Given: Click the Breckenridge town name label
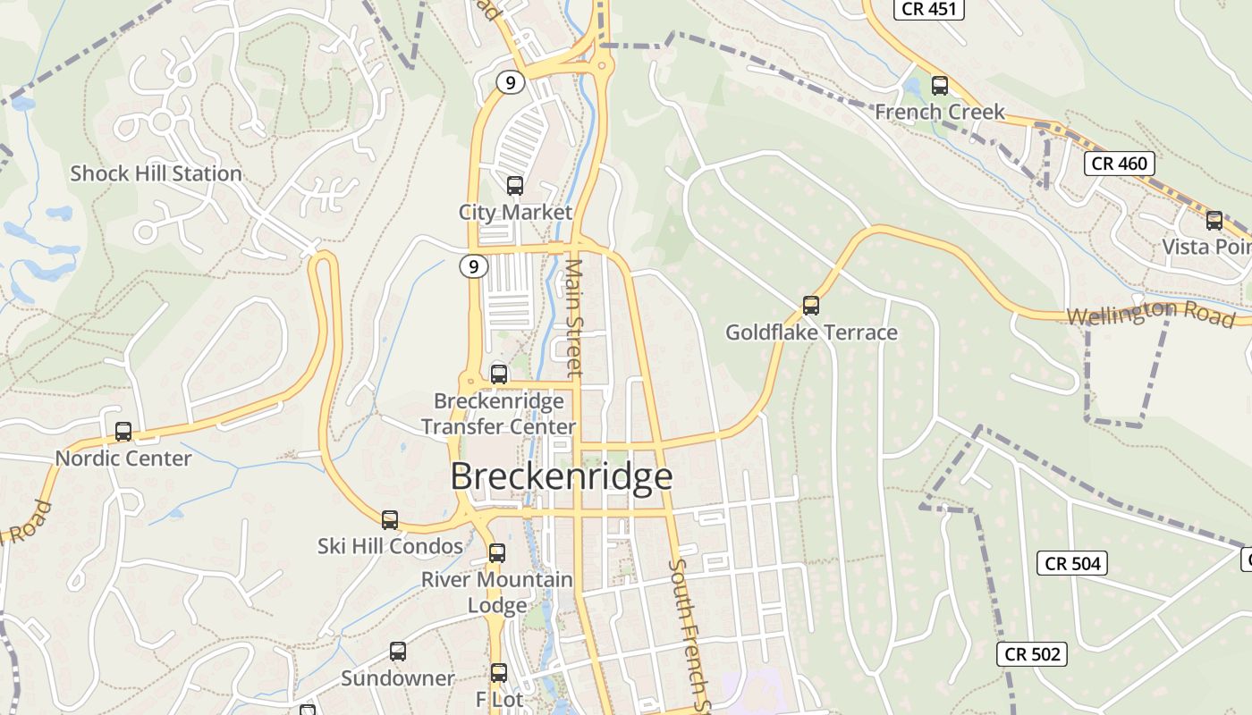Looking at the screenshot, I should click(561, 476).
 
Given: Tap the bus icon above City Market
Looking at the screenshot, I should click(515, 186).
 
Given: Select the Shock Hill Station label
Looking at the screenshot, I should click(156, 173).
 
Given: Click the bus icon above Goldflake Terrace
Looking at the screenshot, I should click(811, 306).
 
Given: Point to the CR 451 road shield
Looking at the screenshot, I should click(929, 9).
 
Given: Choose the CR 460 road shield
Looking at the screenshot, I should click(1120, 164).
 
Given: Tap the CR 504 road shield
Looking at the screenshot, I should click(1072, 563).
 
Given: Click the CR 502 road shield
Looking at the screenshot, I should click(1032, 654).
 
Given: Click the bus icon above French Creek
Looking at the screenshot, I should click(940, 86).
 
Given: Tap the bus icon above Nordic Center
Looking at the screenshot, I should click(123, 432).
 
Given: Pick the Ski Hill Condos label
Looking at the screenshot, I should click(390, 546).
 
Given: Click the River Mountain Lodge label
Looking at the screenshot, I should click(497, 592).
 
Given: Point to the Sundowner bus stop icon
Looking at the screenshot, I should click(398, 652).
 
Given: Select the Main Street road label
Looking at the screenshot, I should click(574, 317).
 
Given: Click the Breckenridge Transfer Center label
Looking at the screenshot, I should click(498, 414).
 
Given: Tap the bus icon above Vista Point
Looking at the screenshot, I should click(1214, 221).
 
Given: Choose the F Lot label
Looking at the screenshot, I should click(498, 699).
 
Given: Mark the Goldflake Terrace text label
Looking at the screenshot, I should click(811, 332).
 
